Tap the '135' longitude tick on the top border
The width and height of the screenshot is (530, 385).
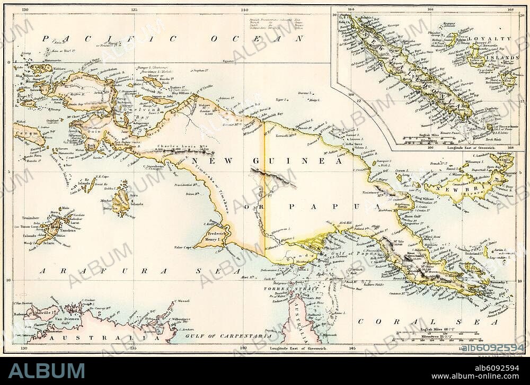[x=134, y=9]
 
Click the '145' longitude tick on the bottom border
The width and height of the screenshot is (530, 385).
[x=352, y=348]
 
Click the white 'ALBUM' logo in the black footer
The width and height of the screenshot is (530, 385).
[x=46, y=371]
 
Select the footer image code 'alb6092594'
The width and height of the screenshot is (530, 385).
[x=492, y=368]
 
